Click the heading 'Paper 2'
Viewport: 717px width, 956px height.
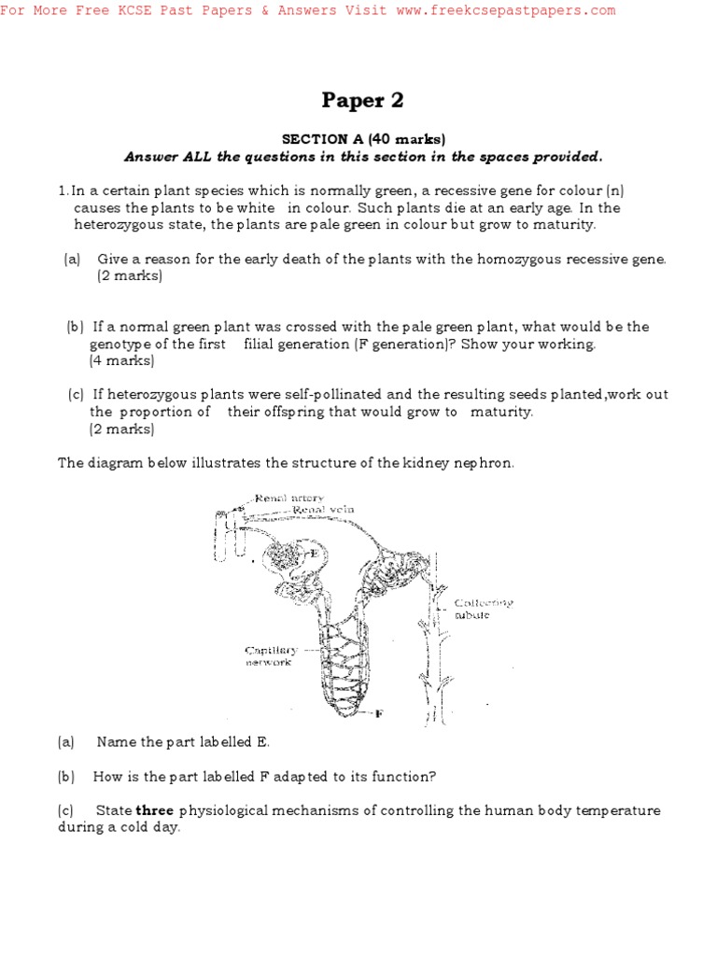363,100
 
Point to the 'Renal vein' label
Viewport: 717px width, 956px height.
323,510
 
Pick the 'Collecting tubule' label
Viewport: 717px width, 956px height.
483,609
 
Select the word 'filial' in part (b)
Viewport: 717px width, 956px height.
264,344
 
